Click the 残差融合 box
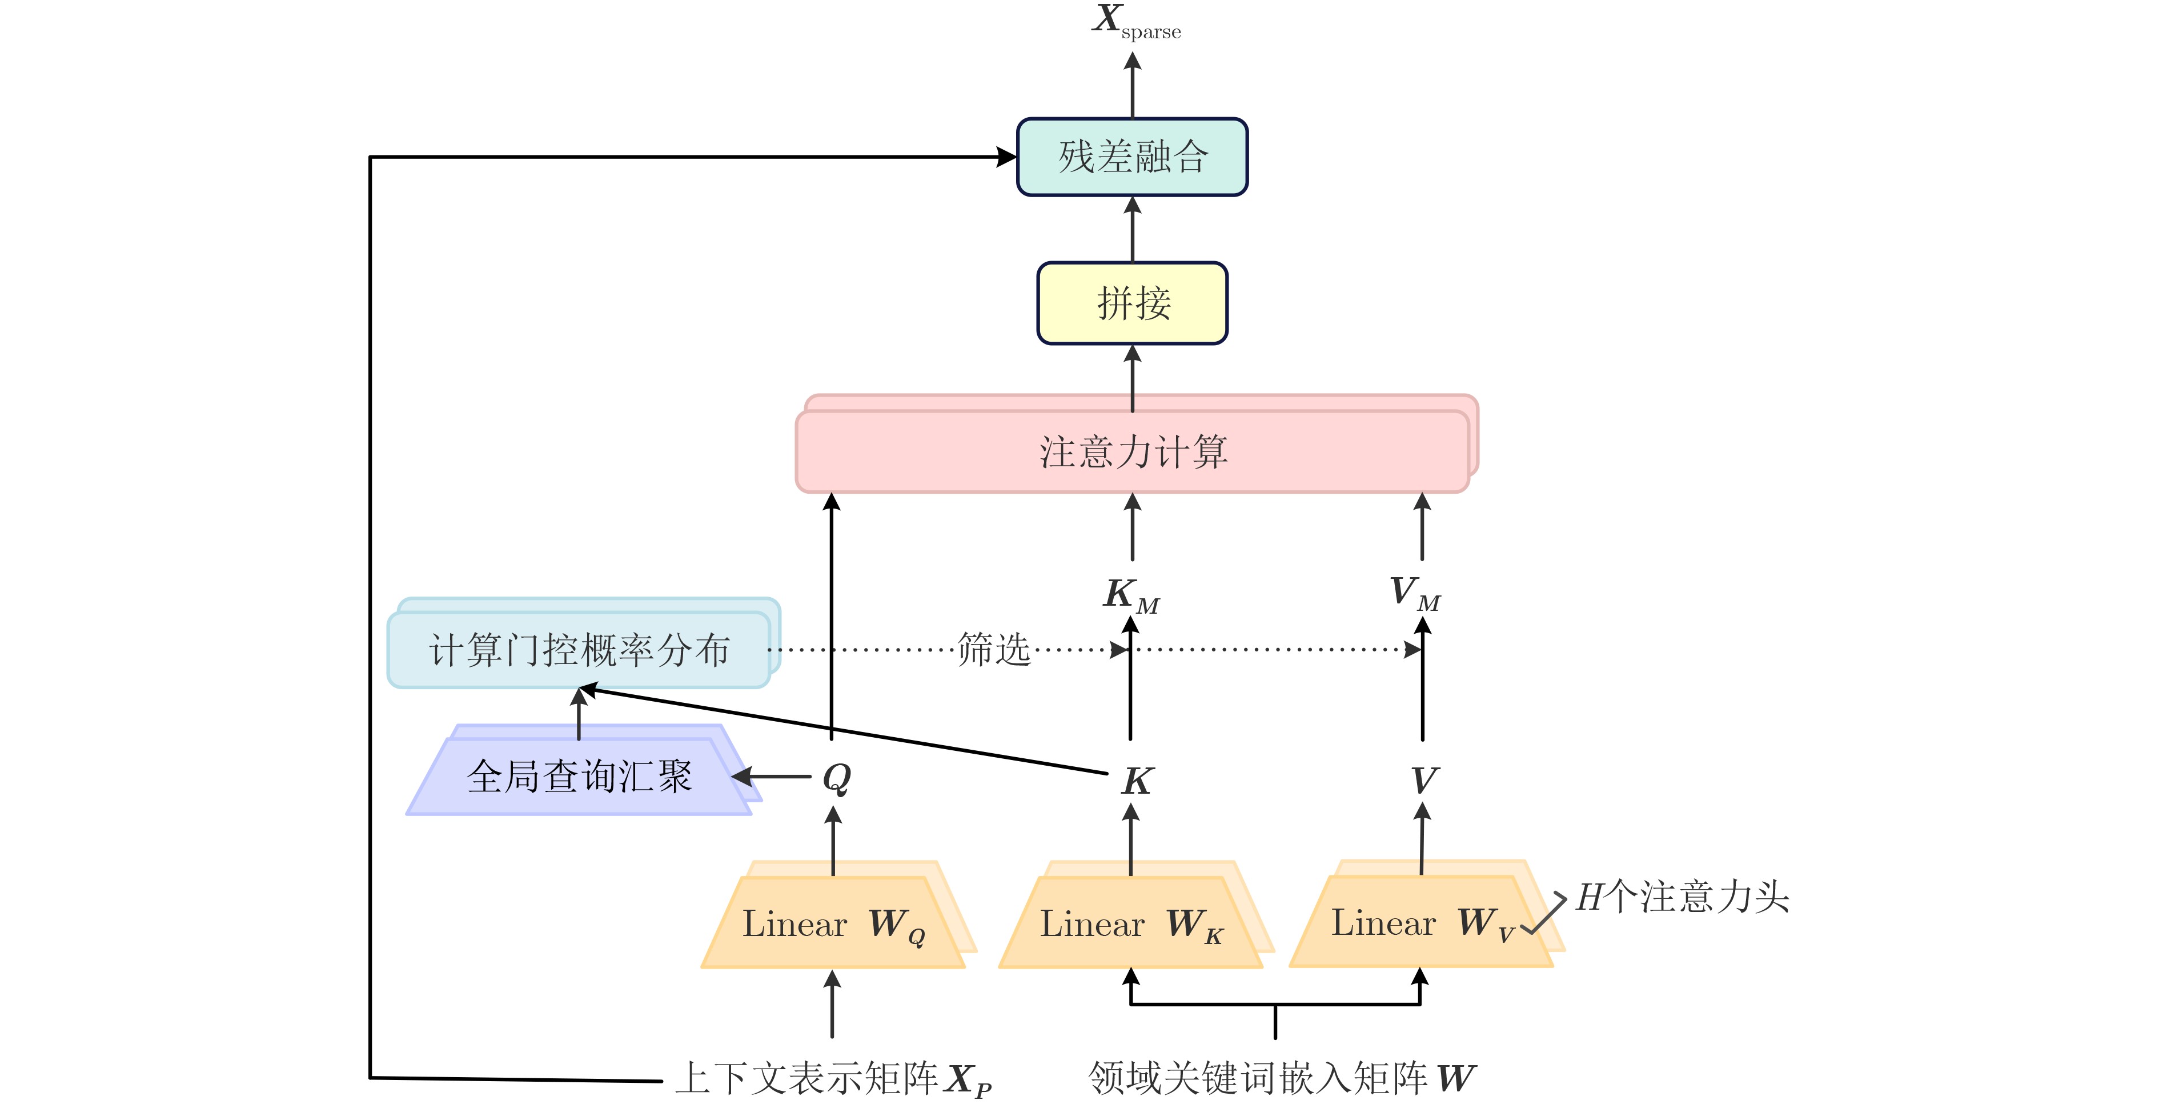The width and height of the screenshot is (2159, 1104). tap(1131, 157)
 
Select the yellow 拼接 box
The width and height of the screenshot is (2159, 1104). tap(1131, 303)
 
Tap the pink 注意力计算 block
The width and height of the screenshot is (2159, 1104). tap(1131, 451)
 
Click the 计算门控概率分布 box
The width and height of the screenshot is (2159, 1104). tap(578, 650)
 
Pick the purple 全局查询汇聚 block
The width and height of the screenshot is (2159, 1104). tap(578, 776)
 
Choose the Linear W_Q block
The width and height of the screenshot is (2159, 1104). tap(833, 923)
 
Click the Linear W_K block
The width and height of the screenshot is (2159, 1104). tap(1131, 923)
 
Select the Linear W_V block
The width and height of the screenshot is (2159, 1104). tap(1422, 922)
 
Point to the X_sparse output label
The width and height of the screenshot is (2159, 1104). tap(1135, 22)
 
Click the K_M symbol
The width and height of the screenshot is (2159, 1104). tap(1131, 594)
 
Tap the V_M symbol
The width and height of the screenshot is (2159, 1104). tap(1415, 593)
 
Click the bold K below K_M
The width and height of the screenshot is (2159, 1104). tap(1137, 781)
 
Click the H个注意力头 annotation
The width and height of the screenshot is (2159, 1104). tap(1682, 897)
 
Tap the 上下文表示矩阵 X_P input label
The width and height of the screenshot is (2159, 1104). tap(833, 1079)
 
